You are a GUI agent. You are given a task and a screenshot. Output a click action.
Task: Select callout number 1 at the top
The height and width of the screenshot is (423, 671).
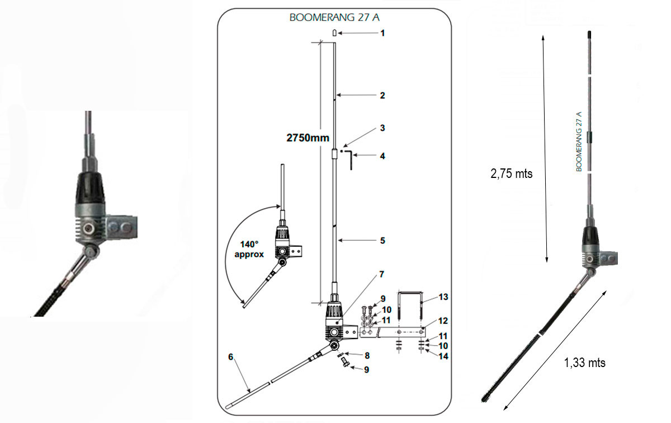coord(382,34)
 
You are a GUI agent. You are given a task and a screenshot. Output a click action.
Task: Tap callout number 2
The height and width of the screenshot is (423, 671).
coord(382,96)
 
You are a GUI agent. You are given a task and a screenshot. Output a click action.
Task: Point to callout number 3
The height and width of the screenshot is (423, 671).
coord(382,128)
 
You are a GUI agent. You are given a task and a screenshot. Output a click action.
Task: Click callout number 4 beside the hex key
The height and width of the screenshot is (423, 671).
coord(382,156)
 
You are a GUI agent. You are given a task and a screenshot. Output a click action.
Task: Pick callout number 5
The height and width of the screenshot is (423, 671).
coord(382,241)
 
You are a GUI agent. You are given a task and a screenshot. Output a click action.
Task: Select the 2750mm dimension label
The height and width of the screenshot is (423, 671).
coord(306,138)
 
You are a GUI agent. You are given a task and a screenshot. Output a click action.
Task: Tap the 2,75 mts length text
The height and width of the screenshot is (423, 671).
coord(512,173)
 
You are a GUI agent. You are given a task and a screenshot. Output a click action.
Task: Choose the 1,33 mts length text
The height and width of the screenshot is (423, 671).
coord(585,363)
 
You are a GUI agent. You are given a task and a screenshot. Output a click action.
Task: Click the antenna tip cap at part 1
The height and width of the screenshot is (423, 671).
coord(334,33)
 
